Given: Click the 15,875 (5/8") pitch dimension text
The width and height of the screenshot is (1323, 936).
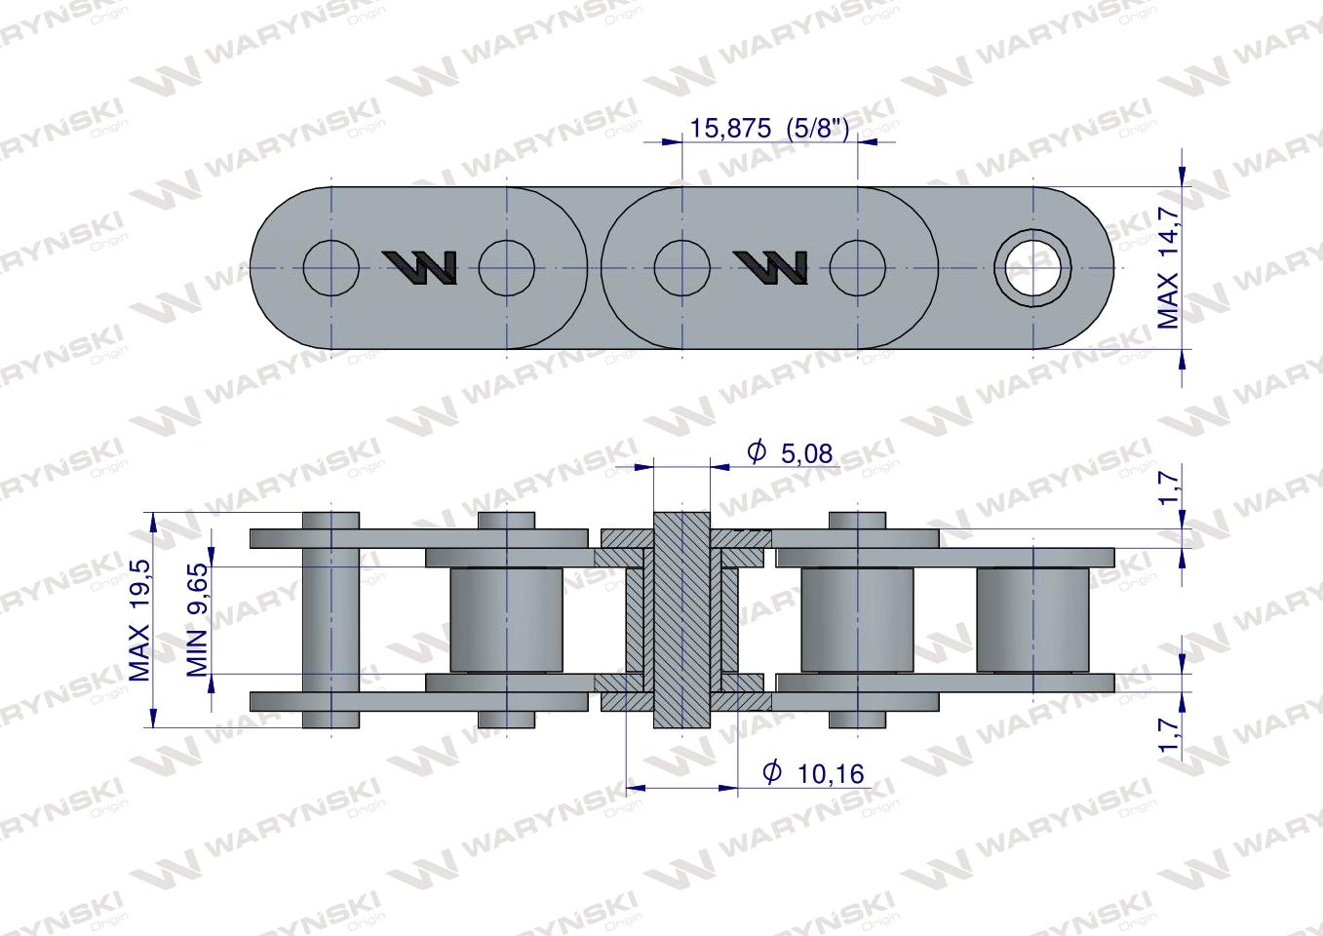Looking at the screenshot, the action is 769,128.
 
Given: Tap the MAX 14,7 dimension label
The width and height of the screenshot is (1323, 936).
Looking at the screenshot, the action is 1168,268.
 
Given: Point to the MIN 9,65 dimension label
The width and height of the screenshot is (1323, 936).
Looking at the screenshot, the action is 197,619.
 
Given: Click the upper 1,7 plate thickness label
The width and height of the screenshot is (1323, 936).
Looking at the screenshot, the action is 1168,485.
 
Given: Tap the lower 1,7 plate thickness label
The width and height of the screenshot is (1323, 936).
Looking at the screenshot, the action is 1168,734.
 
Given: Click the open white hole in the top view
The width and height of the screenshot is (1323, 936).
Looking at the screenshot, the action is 1032,268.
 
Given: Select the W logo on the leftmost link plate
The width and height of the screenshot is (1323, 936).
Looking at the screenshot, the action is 419,267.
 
